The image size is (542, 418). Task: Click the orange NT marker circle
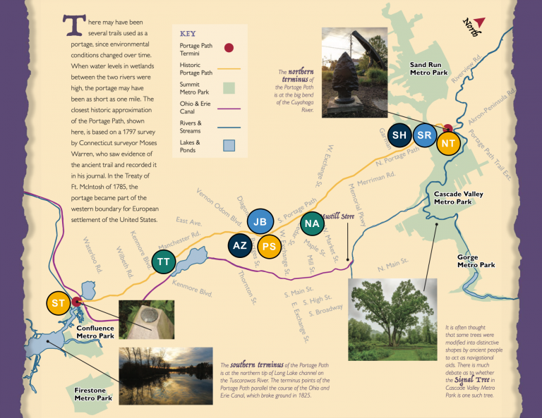click(x=447, y=142)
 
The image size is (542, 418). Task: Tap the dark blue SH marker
click(x=399, y=135)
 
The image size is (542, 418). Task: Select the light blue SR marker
click(x=424, y=135)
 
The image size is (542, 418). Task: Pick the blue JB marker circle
click(x=260, y=221)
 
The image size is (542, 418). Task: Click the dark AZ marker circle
click(x=240, y=245)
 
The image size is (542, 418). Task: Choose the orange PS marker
click(x=268, y=247)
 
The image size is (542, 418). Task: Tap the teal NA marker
click(x=311, y=223)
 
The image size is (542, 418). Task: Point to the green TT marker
click(x=164, y=262)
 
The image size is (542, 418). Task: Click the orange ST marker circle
click(x=59, y=302)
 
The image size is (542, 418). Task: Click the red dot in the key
click(x=229, y=48)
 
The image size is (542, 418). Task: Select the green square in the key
click(x=229, y=87)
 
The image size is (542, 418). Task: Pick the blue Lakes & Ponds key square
click(x=229, y=146)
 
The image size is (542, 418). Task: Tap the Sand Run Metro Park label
click(x=430, y=68)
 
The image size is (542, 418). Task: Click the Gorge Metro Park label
click(x=476, y=261)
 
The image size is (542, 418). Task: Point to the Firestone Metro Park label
click(x=94, y=393)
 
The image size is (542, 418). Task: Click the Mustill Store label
click(x=338, y=215)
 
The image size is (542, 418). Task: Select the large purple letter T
click(x=70, y=25)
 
